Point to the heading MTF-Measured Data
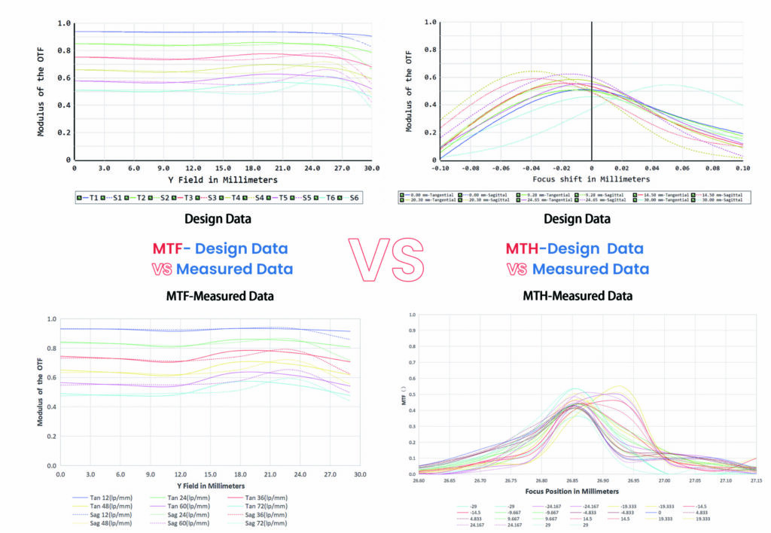[x=219, y=297]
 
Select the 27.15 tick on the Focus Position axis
[x=756, y=480]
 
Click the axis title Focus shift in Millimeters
[x=591, y=179]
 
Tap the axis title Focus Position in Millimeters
[x=584, y=490]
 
